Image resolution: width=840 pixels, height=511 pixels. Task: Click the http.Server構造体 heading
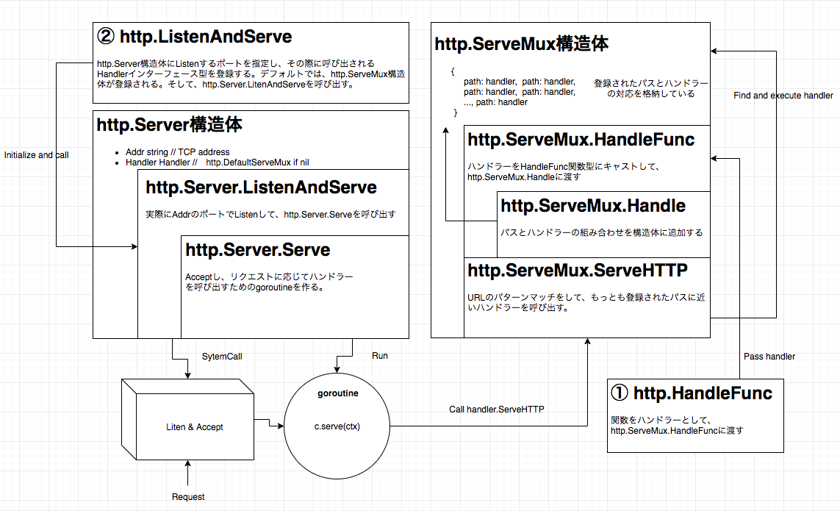click(x=170, y=125)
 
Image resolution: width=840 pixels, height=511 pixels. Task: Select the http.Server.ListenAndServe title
click(x=261, y=187)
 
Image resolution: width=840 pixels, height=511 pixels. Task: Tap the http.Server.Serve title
click(x=258, y=250)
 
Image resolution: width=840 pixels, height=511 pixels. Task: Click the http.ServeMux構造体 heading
click(x=521, y=44)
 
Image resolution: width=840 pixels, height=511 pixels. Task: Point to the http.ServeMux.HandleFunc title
click(x=581, y=139)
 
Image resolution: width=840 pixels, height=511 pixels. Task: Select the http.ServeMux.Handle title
click(x=593, y=206)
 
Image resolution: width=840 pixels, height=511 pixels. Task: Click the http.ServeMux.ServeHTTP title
click(x=578, y=271)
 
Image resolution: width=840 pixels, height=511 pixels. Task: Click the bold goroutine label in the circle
click(x=338, y=393)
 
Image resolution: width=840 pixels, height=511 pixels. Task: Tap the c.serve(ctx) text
click(x=338, y=426)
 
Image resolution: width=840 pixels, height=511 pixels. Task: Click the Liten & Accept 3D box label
click(x=195, y=426)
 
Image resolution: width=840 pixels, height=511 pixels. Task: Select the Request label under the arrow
click(x=188, y=497)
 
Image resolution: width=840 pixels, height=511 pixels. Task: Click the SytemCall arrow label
click(x=222, y=357)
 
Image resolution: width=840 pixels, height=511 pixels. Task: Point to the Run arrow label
click(x=379, y=356)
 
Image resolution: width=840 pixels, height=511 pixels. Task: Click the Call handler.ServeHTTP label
click(x=496, y=410)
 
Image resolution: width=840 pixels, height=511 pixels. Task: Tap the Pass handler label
click(x=769, y=357)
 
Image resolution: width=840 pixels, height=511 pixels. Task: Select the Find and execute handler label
click(x=783, y=96)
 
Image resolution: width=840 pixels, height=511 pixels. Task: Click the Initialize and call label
click(x=37, y=155)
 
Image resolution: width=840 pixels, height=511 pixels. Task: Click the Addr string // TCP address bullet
click(x=177, y=152)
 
